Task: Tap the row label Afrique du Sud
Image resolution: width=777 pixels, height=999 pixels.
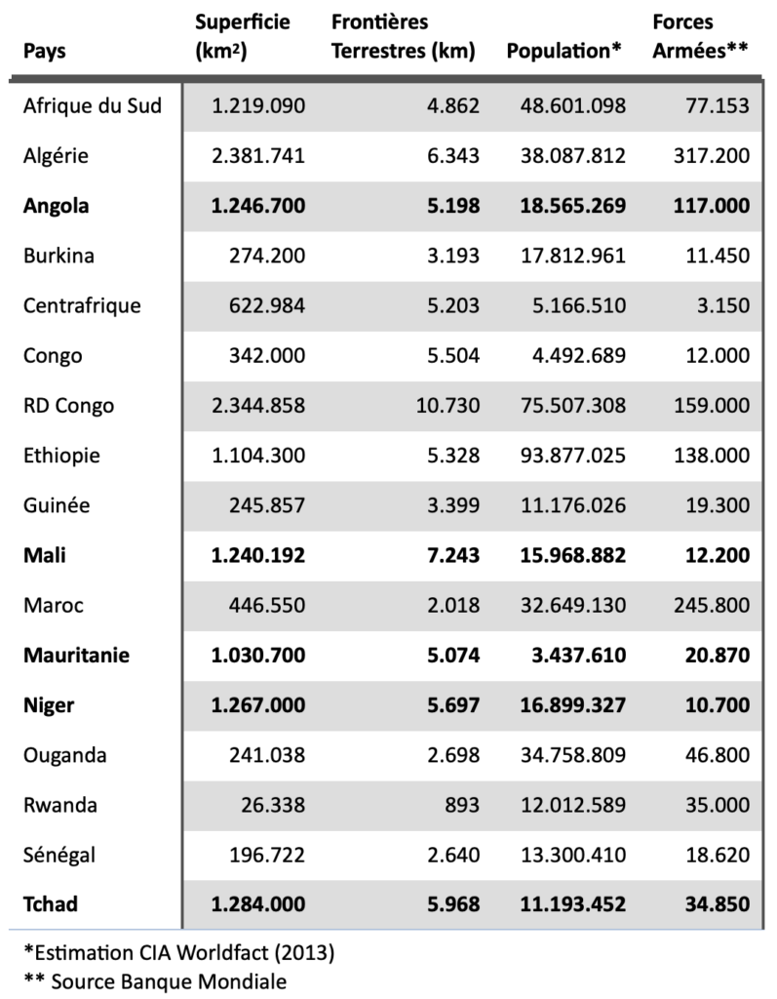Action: click(92, 106)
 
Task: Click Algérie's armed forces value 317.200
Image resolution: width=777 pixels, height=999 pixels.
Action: click(710, 156)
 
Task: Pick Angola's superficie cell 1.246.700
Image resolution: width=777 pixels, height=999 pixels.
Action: click(257, 206)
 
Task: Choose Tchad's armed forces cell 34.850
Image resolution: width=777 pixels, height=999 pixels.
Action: click(715, 905)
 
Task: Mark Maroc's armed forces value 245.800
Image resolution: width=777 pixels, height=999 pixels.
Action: click(710, 606)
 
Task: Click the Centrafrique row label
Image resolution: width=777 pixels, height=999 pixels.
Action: click(82, 306)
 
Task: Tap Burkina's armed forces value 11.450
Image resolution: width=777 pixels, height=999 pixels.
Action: click(716, 256)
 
